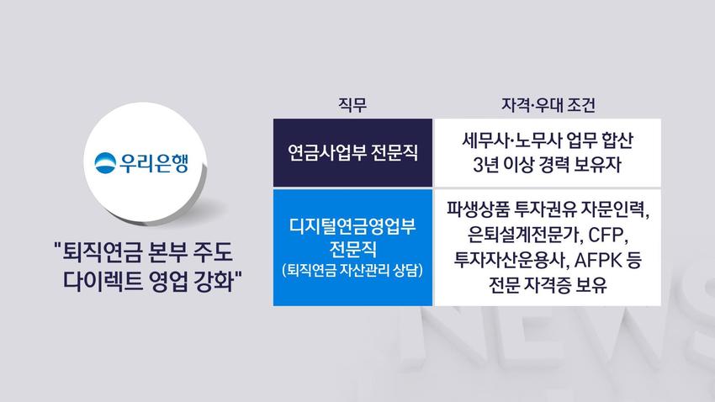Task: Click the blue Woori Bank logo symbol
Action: [105, 162]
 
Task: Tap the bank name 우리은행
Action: [154, 162]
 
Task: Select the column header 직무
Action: [352, 105]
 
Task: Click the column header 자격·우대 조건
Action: [548, 105]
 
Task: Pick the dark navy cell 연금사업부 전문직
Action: [352, 153]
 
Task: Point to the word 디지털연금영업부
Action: [352, 226]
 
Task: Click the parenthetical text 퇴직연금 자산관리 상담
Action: [352, 270]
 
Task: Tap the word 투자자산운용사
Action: [511, 260]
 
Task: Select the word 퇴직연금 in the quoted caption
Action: [101, 252]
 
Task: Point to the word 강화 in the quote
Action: [214, 281]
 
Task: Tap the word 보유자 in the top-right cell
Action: [598, 165]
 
